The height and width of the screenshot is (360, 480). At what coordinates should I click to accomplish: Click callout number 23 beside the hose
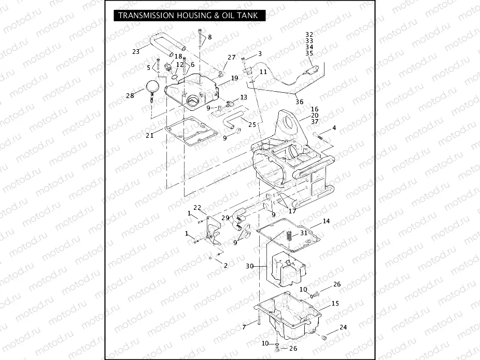point(136,51)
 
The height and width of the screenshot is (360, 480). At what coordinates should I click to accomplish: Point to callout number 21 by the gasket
point(149,135)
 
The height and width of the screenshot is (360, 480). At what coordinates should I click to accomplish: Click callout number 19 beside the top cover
point(234,78)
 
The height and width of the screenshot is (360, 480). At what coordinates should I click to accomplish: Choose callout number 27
point(231,57)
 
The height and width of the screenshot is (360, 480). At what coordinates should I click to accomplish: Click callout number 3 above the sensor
point(259,53)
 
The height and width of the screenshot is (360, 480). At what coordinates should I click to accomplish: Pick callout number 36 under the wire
point(299,102)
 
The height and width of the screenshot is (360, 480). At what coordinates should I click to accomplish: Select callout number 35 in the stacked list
point(309,53)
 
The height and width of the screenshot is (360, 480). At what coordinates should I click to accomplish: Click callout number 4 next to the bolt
point(334,127)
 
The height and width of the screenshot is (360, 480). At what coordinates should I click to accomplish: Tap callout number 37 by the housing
point(315,122)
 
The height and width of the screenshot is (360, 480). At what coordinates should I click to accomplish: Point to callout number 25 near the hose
point(252,124)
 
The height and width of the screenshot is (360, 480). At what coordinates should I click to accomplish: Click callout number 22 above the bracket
point(197,208)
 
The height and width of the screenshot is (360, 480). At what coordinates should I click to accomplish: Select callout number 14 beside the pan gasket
point(326,221)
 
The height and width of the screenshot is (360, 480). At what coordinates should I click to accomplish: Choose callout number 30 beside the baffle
point(249,266)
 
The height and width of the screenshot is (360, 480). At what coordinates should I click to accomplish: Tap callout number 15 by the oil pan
point(335,303)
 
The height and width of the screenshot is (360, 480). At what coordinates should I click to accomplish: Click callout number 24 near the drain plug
point(343,327)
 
